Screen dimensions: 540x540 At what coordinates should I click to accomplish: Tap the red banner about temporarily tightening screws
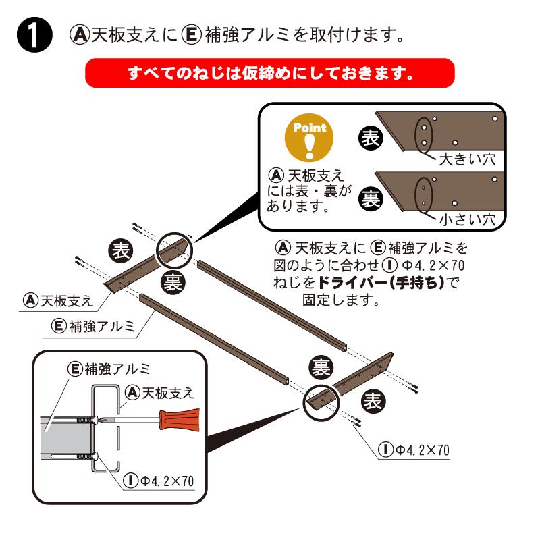[270, 72]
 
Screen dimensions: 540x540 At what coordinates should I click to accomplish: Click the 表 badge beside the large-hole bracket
[369, 138]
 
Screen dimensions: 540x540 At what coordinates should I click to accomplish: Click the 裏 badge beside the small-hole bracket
[369, 198]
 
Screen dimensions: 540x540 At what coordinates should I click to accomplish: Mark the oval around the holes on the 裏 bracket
[422, 194]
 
